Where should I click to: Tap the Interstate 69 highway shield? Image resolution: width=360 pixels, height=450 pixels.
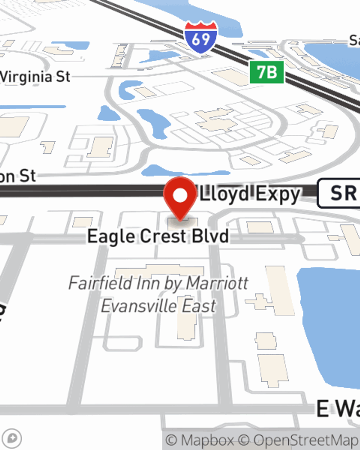click(201, 37)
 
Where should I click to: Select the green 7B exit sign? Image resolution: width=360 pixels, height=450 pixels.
click(267, 72)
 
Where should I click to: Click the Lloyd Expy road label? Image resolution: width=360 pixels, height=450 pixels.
click(250, 194)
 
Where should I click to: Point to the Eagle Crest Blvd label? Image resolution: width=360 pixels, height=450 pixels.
click(158, 237)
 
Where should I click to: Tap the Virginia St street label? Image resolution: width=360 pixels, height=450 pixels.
click(35, 77)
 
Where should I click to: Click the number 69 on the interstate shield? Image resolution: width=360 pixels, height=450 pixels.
click(201, 39)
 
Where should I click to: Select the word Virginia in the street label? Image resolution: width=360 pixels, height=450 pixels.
click(26, 77)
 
